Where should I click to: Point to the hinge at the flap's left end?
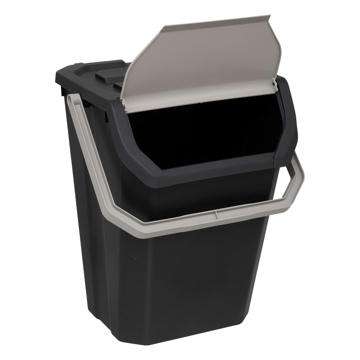pyautogui.click(x=123, y=103)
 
